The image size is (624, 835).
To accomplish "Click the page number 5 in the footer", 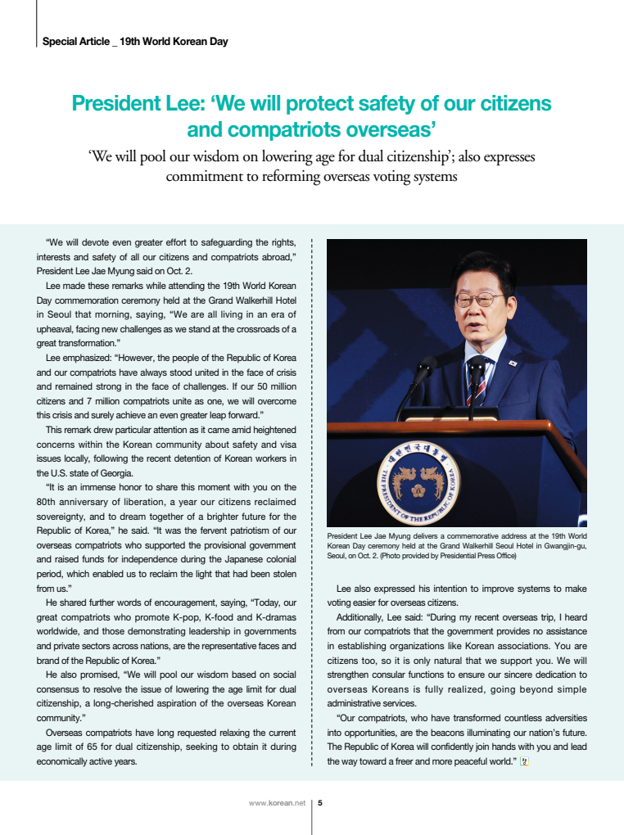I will pos(320,803).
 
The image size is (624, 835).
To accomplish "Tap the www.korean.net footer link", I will pos(276,803).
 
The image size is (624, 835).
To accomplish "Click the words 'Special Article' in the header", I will pos(75,41).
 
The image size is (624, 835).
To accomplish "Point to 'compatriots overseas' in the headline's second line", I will pos(310,130).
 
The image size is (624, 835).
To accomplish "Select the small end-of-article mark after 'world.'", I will pos(524,761).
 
